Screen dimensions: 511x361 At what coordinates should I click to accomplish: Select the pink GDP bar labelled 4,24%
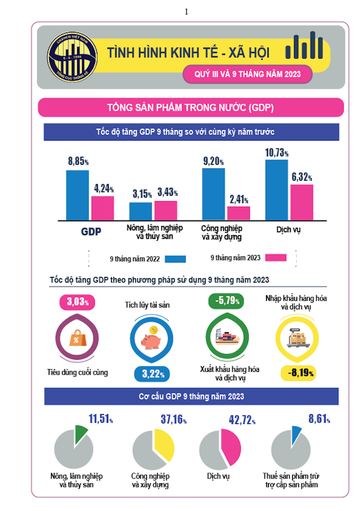pyautogui.click(x=103, y=208)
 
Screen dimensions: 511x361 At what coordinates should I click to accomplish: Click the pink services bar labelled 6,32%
pyautogui.click(x=302, y=202)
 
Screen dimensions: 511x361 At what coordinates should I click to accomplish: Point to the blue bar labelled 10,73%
pyautogui.click(x=276, y=190)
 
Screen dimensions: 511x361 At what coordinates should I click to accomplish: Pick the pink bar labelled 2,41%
pyautogui.click(x=238, y=213)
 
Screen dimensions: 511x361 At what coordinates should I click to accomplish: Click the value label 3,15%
pyautogui.click(x=142, y=194)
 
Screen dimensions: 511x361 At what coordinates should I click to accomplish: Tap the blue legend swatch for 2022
pyautogui.click(x=176, y=259)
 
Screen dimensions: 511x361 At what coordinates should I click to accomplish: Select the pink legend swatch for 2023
pyautogui.click(x=276, y=257)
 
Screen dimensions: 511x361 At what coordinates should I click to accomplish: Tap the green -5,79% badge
pyautogui.click(x=227, y=301)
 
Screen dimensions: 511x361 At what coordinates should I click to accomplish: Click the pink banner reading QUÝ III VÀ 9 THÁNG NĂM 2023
pyautogui.click(x=242, y=74)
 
